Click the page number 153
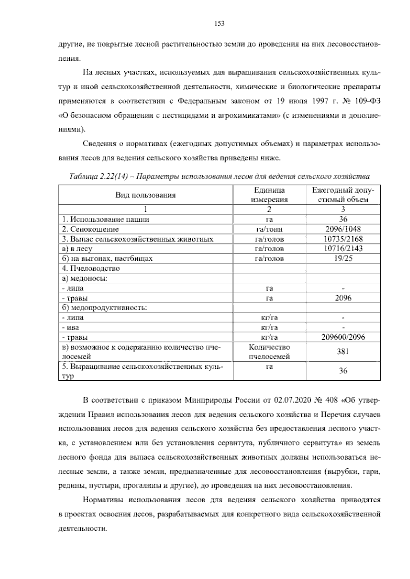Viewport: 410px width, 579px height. click(219, 24)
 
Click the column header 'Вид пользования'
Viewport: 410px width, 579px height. click(146, 195)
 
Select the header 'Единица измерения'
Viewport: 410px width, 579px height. click(269, 195)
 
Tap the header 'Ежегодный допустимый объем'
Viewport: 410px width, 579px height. click(343, 195)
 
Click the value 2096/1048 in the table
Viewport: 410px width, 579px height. click(343, 229)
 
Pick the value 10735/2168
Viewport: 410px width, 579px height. click(343, 239)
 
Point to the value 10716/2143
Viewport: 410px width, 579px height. click(343, 249)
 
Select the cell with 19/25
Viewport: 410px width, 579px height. click(343, 258)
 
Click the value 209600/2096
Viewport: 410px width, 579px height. click(343, 337)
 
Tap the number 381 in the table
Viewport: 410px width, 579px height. click(343, 352)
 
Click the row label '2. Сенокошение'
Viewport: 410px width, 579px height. click(91, 229)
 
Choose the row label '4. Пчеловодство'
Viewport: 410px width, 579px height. click(91, 268)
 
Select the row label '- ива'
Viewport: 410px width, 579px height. click(71, 327)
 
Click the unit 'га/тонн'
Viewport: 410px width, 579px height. click(269, 229)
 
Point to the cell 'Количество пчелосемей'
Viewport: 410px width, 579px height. click(269, 352)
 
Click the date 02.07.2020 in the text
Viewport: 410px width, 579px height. click(289, 400)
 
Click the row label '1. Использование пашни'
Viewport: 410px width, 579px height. click(106, 220)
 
